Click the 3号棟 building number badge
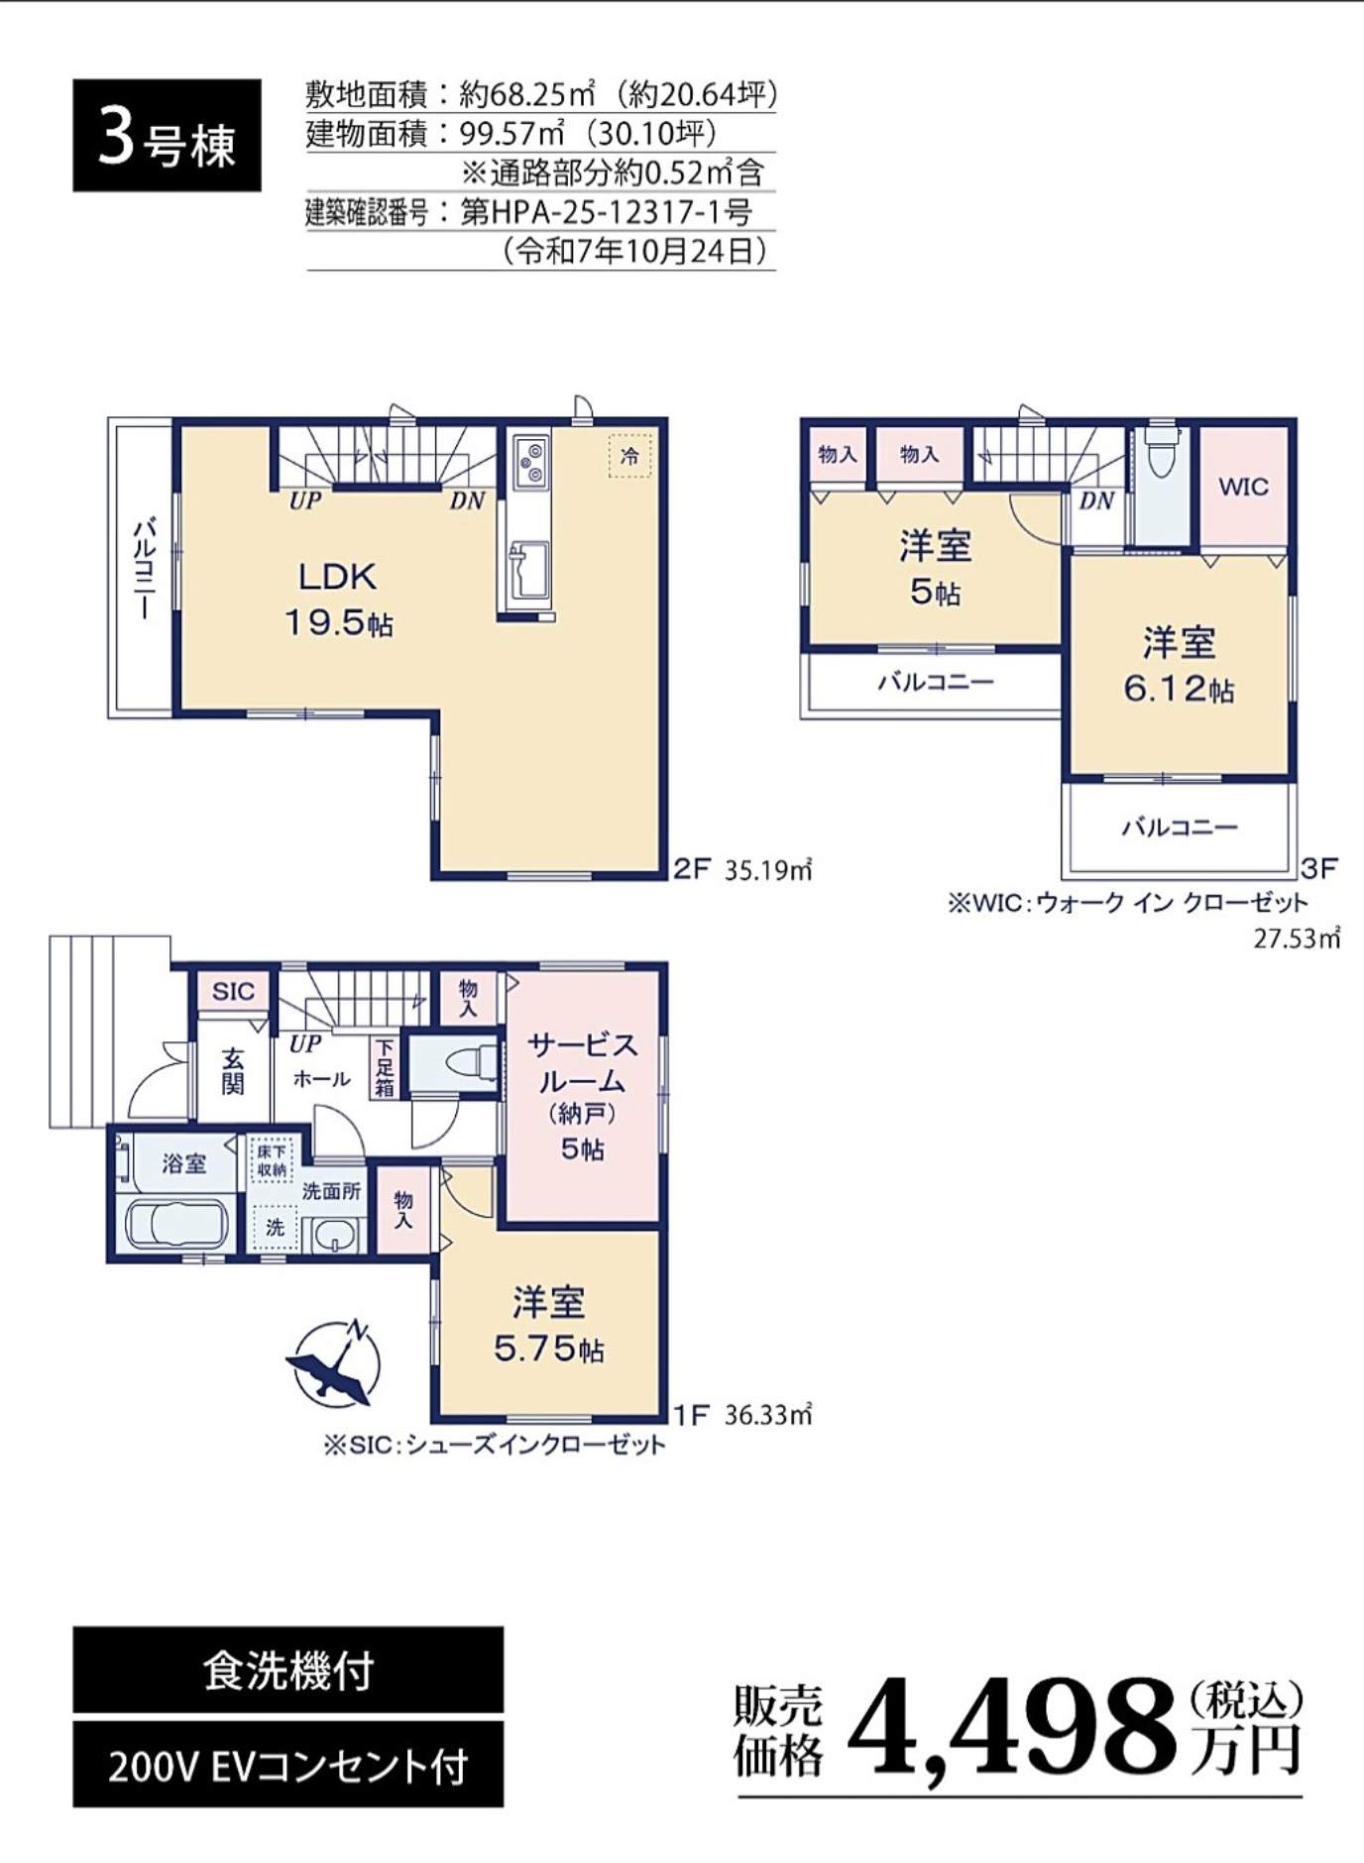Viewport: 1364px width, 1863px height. coord(167,136)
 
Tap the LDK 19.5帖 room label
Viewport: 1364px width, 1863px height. coord(338,599)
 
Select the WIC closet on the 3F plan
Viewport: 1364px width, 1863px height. coord(1243,486)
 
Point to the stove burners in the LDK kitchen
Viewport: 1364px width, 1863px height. coord(530,461)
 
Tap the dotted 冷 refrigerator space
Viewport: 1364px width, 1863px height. coord(629,456)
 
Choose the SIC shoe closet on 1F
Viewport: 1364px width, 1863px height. coord(233,991)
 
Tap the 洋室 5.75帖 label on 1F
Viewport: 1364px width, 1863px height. coord(548,1325)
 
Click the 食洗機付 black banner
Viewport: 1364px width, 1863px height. coord(287,1671)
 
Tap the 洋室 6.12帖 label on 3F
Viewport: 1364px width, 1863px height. coord(1179,665)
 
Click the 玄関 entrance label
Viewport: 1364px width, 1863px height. coord(233,1071)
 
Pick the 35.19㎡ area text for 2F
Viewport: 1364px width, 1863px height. coord(768,870)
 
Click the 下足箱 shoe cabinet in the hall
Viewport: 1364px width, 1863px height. coord(385,1067)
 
